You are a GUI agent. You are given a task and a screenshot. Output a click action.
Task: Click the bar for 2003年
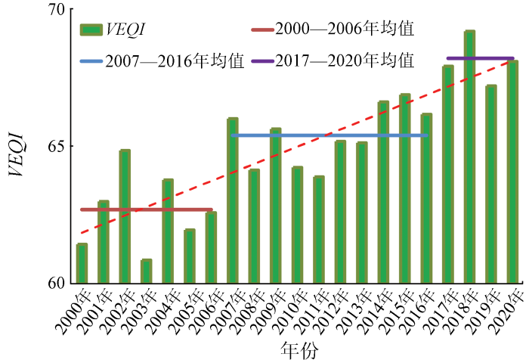(x=146, y=272)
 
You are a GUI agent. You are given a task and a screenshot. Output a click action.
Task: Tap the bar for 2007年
(x=232, y=200)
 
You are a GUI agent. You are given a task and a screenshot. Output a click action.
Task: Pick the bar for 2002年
(x=125, y=216)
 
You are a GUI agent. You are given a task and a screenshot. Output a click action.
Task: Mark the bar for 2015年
(x=404, y=188)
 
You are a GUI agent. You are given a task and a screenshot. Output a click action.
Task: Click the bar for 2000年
(x=82, y=263)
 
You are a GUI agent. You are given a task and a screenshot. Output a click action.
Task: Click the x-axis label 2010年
(x=284, y=315)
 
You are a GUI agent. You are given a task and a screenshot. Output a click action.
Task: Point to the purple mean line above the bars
(x=480, y=57)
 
